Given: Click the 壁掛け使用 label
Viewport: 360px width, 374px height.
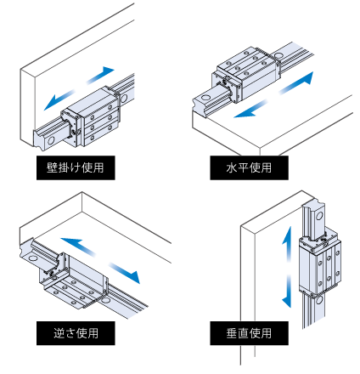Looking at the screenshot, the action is (x=76, y=167).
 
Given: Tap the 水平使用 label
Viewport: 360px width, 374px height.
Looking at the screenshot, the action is (x=249, y=167).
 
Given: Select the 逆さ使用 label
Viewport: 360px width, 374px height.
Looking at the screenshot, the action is (x=76, y=333).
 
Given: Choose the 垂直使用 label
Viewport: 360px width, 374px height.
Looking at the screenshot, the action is (x=249, y=333).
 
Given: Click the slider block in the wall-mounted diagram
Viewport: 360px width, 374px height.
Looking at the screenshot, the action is (x=91, y=117).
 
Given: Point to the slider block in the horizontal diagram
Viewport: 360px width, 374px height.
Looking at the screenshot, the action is (x=246, y=74).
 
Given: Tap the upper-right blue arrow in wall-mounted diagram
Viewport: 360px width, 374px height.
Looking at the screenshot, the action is (x=100, y=75).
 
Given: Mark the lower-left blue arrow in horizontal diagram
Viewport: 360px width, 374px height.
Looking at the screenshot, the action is (x=250, y=109).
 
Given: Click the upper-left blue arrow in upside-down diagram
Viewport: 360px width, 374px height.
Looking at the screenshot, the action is (x=78, y=246).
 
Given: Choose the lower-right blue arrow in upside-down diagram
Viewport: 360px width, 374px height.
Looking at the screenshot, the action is (x=125, y=273).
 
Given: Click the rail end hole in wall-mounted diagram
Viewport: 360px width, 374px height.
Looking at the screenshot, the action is (x=51, y=140).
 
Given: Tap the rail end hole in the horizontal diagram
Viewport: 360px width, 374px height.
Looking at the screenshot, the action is (x=205, y=98).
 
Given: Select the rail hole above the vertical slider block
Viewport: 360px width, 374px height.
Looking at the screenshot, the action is (x=319, y=216).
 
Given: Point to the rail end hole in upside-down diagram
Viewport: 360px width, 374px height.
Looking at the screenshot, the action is (x=33, y=258).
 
